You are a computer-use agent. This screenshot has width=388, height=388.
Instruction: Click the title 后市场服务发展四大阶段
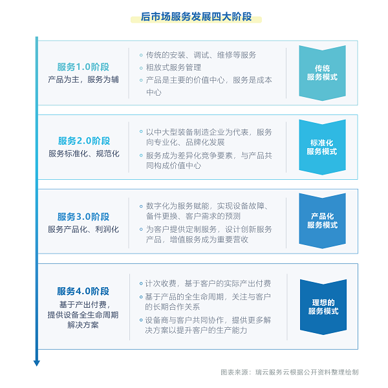pyautogui.click(x=196, y=17)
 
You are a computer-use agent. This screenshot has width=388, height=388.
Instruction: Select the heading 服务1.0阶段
pyautogui.click(x=83, y=67)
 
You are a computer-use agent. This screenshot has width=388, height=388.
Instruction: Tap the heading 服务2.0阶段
pyautogui.click(x=84, y=141)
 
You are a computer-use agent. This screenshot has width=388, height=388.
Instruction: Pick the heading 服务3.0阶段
pyautogui.click(x=83, y=217)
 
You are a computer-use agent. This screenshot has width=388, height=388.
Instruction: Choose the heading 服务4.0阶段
pyautogui.click(x=83, y=291)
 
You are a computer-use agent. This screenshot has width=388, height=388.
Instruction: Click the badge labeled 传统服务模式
pyautogui.click(x=322, y=73)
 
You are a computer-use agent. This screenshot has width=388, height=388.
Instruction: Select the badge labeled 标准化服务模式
pyautogui.click(x=322, y=147)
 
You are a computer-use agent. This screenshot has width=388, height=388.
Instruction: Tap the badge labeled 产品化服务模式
pyautogui.click(x=322, y=221)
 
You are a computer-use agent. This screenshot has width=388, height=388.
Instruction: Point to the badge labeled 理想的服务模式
pyautogui.click(x=323, y=307)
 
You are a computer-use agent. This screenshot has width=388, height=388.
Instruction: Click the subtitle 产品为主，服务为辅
pyautogui.click(x=83, y=80)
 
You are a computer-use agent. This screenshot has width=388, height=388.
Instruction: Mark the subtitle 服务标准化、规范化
pyautogui.click(x=84, y=154)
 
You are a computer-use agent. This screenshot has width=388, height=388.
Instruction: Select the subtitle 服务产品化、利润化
pyautogui.click(x=83, y=230)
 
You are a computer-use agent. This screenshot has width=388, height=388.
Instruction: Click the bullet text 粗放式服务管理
pyautogui.click(x=173, y=67)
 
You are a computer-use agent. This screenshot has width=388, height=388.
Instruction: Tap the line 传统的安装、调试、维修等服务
pyautogui.click(x=201, y=55)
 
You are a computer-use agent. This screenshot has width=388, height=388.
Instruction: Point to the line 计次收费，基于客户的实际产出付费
pyautogui.click(x=208, y=284)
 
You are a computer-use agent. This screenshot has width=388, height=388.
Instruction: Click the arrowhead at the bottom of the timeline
pyautogui.click(x=37, y=363)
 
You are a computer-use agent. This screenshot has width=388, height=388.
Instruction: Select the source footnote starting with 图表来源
pyautogui.click(x=290, y=372)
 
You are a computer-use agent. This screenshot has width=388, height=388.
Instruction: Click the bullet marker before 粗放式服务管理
pyautogui.click(x=141, y=68)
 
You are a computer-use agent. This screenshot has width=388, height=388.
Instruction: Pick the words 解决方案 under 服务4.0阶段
pyautogui.click(x=83, y=325)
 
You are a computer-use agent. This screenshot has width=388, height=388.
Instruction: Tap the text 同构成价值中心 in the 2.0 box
pyautogui.click(x=173, y=166)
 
